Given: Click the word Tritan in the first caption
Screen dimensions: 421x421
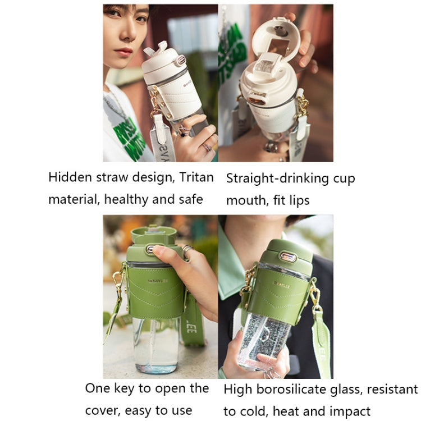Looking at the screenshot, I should pos(196,177).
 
